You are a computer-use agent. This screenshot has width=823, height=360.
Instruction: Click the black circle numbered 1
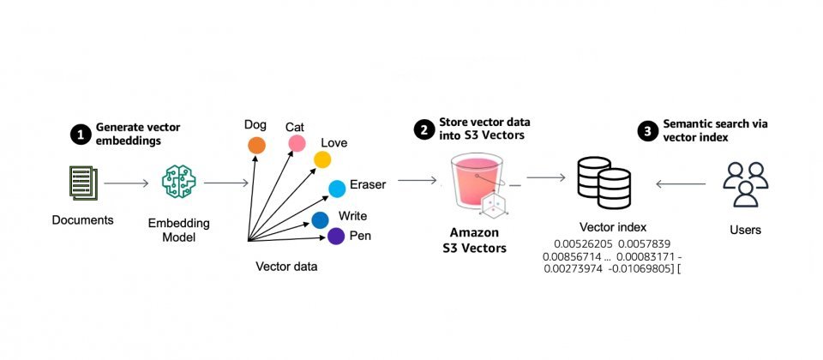(x=81, y=135)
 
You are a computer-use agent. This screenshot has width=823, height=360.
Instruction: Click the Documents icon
(x=83, y=183)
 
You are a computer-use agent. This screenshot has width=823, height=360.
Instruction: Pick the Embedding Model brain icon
(x=178, y=182)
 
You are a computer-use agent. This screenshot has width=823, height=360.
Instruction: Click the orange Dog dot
(x=256, y=145)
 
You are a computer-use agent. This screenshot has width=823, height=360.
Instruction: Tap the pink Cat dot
(x=297, y=143)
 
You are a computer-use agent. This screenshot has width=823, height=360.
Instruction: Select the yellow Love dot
(x=322, y=159)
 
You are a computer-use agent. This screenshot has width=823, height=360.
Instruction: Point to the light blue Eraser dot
(x=337, y=189)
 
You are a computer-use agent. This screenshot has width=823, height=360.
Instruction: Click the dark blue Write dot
(x=320, y=220)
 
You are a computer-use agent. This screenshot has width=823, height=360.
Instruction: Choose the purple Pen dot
(x=336, y=237)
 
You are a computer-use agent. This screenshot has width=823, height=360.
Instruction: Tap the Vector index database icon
(x=604, y=183)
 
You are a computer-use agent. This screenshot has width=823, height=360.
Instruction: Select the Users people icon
(x=745, y=184)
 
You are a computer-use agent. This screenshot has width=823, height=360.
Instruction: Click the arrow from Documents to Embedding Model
(x=127, y=183)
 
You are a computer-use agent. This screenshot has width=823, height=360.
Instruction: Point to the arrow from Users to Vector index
(x=682, y=183)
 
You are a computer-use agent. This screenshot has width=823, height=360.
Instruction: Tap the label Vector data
(x=286, y=266)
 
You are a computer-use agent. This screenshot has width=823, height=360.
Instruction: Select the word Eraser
(x=368, y=185)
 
